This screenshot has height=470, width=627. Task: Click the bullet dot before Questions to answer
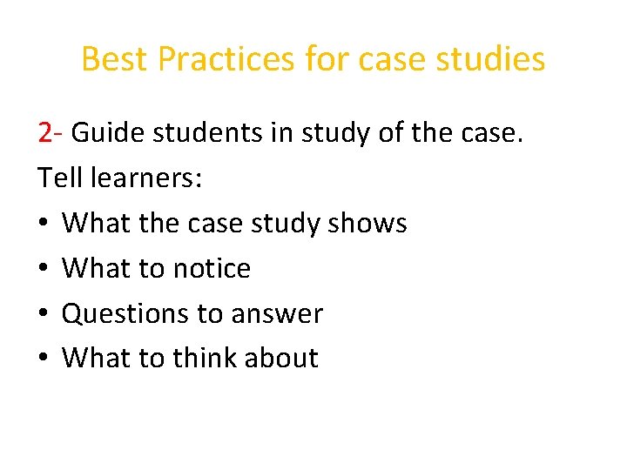point(43,314)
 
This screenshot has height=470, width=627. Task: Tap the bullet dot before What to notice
point(43,269)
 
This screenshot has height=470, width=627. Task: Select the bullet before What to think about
point(43,359)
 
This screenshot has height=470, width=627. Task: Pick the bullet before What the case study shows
point(43,225)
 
